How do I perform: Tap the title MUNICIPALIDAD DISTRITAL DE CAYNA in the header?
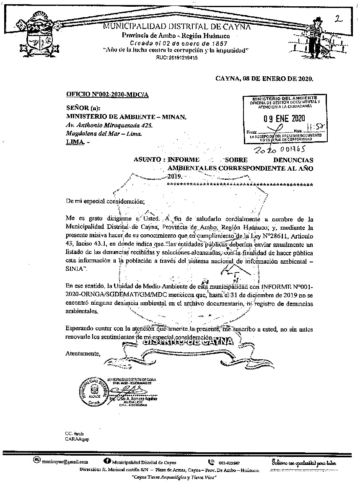coord(177,27)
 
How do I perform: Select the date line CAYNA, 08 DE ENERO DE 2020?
coord(264,78)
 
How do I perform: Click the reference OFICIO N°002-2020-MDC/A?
coord(107,95)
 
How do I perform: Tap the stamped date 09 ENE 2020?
coord(285,118)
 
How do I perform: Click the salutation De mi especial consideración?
coord(104,201)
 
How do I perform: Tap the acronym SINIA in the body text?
coord(74,268)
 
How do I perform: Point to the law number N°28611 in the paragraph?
coord(271,236)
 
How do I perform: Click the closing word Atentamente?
coord(83,353)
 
